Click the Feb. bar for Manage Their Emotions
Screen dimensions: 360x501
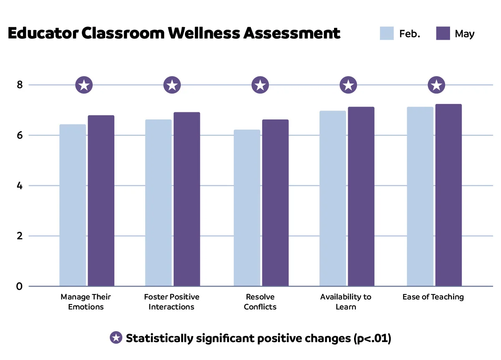pyautogui.click(x=73, y=205)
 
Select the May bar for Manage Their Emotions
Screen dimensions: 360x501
pyautogui.click(x=101, y=200)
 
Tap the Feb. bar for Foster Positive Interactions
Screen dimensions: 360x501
pyautogui.click(x=158, y=203)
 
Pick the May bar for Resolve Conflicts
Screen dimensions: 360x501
pyautogui.click(x=275, y=203)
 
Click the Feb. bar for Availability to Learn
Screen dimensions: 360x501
pyautogui.click(x=333, y=198)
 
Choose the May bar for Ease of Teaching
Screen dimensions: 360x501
pyautogui.click(x=448, y=195)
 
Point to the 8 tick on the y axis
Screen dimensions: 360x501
pyautogui.click(x=20, y=85)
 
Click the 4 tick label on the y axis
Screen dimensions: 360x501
pyautogui.click(x=20, y=186)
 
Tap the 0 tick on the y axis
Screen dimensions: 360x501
pyautogui.click(x=20, y=286)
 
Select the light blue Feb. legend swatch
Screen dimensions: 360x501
pyautogui.click(x=387, y=33)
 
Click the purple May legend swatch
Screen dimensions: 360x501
pyautogui.click(x=443, y=33)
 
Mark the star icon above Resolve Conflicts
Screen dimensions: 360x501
pyautogui.click(x=260, y=85)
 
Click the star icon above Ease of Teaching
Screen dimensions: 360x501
pyautogui.click(x=437, y=85)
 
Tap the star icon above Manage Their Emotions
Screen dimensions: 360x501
pyautogui.click(x=84, y=85)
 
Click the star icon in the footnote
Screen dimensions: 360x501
pyautogui.click(x=116, y=338)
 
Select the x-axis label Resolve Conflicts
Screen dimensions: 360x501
pyautogui.click(x=260, y=302)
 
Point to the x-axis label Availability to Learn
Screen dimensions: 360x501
pyautogui.click(x=346, y=302)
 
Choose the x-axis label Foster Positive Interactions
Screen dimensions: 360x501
pyautogui.click(x=172, y=302)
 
